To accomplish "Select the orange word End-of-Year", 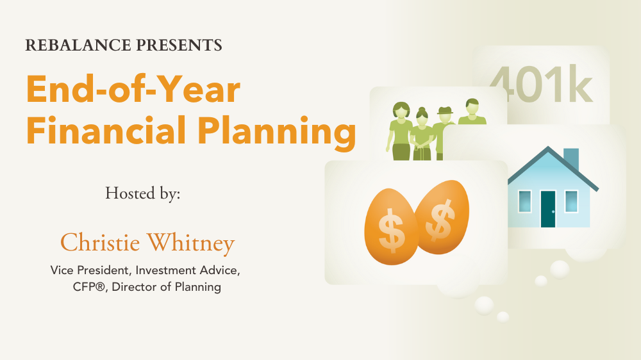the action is [133, 89].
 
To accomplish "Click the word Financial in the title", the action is [106, 130].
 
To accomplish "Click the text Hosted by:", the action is [143, 193].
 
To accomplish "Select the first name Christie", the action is [100, 242].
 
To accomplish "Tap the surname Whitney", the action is [191, 243].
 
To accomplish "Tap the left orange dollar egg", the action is [391, 227].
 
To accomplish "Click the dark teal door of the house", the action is [548, 209].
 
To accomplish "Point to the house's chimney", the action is [571, 160].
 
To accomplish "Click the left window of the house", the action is [524, 201].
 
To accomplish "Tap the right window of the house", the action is [572, 201].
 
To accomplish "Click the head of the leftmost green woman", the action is [401, 110].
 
